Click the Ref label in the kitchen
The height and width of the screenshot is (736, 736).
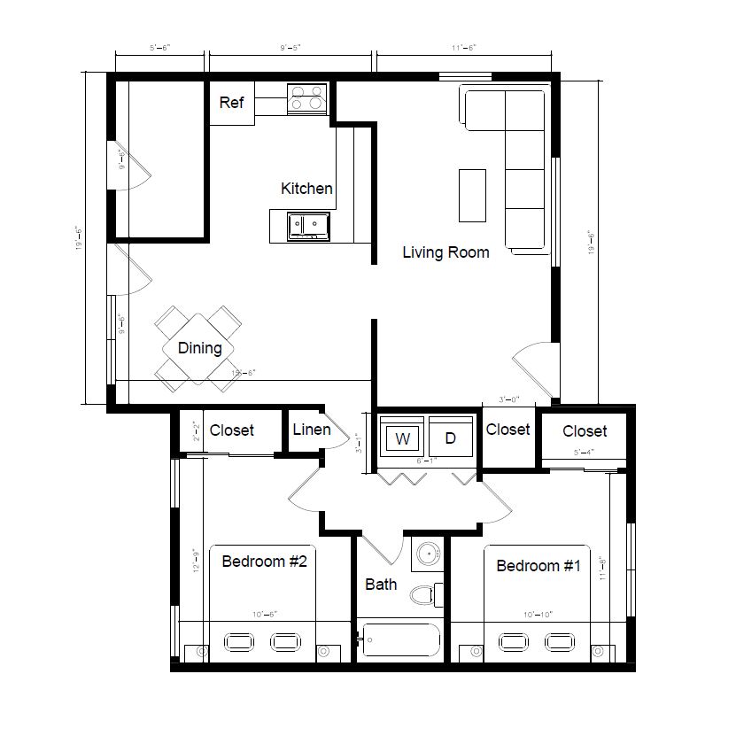coord(231,103)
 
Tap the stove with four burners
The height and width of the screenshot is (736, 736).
coord(306,97)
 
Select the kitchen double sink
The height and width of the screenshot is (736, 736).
coord(307,226)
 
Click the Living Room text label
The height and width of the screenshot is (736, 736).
coord(445,252)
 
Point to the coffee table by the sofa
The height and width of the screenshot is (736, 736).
coord(472,196)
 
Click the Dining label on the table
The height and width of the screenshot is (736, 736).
coord(200,348)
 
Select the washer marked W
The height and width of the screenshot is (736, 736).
coord(403,438)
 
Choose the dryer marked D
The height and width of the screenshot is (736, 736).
coord(450,438)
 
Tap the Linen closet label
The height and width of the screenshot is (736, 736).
coord(311,430)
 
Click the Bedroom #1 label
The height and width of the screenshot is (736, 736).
coord(538,566)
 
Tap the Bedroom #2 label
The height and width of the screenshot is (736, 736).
coord(264,561)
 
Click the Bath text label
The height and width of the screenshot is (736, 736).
coord(381,585)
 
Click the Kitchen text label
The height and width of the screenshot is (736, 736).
coord(306,188)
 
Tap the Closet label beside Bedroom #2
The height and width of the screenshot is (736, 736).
coord(231,430)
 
